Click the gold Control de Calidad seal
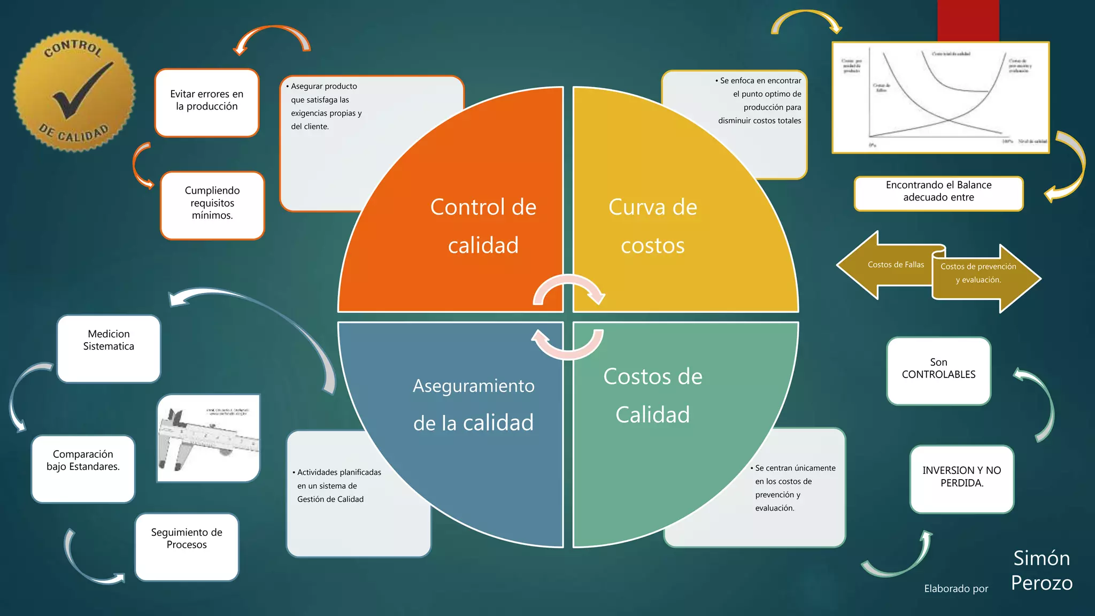click(74, 91)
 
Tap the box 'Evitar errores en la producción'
click(207, 102)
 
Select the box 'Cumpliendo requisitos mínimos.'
click(212, 205)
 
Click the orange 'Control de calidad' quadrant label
click(483, 226)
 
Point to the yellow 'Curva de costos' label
click(652, 226)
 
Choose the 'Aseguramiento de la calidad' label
click(473, 404)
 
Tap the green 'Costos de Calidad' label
click(652, 395)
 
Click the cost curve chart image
click(940, 97)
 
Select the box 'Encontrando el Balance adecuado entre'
click(938, 193)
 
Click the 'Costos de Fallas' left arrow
click(888, 265)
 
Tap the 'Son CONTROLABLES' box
click(938, 371)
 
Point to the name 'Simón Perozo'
click(1042, 571)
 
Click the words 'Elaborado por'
click(956, 589)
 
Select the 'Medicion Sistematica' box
click(109, 348)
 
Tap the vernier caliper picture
click(209, 438)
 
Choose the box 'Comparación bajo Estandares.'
click(83, 468)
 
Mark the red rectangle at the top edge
click(968, 20)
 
